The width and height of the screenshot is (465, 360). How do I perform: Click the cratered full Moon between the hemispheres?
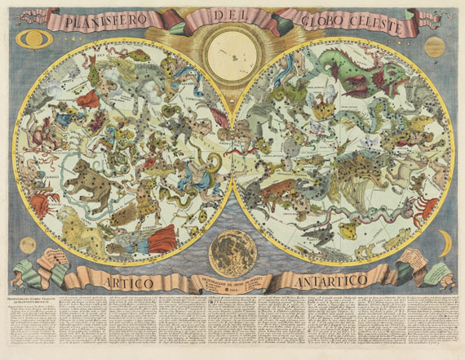point(232,252)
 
